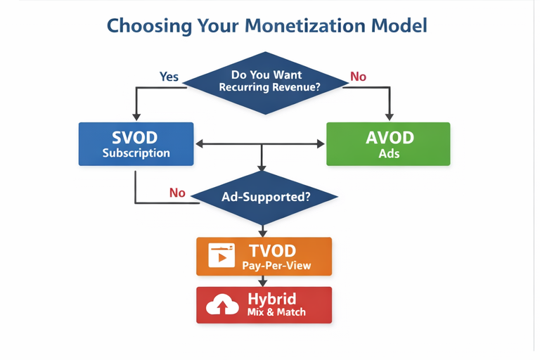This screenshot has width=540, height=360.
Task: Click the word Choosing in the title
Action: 144,27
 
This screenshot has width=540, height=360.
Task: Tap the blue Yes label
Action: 169,76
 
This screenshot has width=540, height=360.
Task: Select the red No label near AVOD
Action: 359,76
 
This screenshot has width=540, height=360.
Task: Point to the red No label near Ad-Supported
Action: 177,193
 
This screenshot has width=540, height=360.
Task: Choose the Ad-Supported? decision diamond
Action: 266,198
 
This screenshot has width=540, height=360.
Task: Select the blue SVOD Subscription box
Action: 136,144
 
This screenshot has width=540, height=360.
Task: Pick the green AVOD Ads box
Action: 388,144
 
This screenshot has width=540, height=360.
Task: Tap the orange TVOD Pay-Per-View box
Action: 263,257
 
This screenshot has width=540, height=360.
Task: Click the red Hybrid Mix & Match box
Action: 264,304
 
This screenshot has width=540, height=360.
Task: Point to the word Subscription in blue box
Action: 136,153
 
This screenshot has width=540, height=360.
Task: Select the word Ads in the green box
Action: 389,153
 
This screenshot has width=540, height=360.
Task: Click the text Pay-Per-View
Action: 276,266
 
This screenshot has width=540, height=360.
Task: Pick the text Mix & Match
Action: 277,311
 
